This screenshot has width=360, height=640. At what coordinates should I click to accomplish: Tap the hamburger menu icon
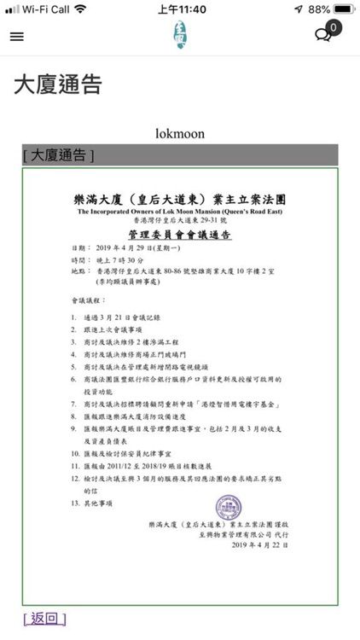pyautogui.click(x=17, y=37)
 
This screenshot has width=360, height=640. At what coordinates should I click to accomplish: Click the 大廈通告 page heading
pyautogui.click(x=58, y=85)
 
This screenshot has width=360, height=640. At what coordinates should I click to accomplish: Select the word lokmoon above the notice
pyautogui.click(x=180, y=134)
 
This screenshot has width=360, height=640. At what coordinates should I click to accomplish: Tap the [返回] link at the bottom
pyautogui.click(x=44, y=618)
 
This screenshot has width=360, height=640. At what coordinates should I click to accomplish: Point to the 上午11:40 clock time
pyautogui.click(x=182, y=9)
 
